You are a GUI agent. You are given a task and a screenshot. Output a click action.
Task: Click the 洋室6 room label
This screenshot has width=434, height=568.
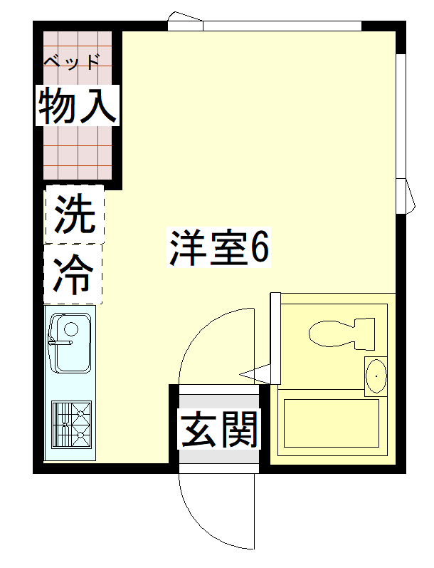point(219,247)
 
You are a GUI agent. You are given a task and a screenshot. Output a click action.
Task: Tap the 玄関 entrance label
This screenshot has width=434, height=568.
point(219,429)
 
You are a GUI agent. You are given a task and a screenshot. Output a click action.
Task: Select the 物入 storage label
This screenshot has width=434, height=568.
point(78,105)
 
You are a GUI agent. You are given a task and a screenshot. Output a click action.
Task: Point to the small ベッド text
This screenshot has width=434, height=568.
point(72,61)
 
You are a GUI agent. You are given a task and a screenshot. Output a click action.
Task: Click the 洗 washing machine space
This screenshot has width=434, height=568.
point(74,214)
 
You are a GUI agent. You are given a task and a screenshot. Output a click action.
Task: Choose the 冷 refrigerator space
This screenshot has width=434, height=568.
point(73,274)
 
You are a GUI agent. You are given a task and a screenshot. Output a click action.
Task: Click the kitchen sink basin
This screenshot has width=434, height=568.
point(70,343)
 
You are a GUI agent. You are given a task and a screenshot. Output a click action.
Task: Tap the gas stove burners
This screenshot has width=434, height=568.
point(71,424)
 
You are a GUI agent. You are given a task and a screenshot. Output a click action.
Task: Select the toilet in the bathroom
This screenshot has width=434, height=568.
point(342,334)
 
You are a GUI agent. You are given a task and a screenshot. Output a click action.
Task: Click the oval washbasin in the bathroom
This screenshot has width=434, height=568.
point(376,376)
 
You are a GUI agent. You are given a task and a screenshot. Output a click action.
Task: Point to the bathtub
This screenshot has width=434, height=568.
point(332,423)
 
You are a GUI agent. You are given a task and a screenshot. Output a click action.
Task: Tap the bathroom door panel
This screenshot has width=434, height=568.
point(275,339)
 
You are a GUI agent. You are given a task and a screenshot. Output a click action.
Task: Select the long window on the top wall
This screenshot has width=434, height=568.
point(282,26)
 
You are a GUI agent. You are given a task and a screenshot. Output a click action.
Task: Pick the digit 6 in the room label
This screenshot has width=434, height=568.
point(260,247)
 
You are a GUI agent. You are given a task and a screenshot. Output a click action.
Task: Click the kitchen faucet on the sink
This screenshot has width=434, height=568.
point(60,343)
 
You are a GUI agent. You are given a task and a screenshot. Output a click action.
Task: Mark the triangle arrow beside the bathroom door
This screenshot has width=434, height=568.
point(255,374)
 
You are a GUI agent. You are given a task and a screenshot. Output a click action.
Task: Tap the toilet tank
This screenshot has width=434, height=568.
point(364,334)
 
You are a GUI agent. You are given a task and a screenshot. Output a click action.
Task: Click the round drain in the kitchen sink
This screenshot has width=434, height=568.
point(71,329)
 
